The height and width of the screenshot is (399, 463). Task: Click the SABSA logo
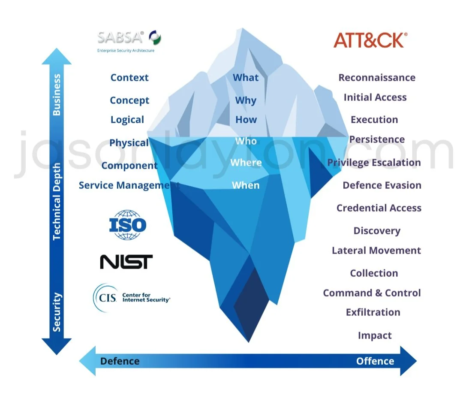tap(129, 40)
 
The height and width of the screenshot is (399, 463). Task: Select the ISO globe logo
tap(128, 225)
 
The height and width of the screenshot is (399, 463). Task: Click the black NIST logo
tap(126, 262)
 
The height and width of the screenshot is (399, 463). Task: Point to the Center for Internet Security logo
tap(131, 298)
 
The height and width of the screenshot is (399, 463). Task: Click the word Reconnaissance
tap(377, 78)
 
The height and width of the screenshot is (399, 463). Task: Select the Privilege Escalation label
tap(374, 163)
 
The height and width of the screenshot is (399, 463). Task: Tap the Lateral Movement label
tap(376, 251)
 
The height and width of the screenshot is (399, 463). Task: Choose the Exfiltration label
tap(373, 312)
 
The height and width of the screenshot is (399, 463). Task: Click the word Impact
tap(375, 336)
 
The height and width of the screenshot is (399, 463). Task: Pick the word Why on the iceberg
tap(246, 100)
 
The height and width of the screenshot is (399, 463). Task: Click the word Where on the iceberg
tap(246, 163)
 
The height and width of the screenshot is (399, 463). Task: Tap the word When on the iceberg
tap(246, 185)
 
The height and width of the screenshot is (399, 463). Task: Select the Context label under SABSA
tap(129, 78)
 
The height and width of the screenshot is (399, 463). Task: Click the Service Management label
tap(129, 185)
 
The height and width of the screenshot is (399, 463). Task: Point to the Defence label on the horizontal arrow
tap(120, 361)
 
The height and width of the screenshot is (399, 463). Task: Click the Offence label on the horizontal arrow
tap(375, 361)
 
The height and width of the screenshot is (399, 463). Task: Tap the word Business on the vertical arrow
tap(57, 95)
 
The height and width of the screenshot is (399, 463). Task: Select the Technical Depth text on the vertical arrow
tap(57, 202)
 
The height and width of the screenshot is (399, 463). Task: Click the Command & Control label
tap(372, 293)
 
